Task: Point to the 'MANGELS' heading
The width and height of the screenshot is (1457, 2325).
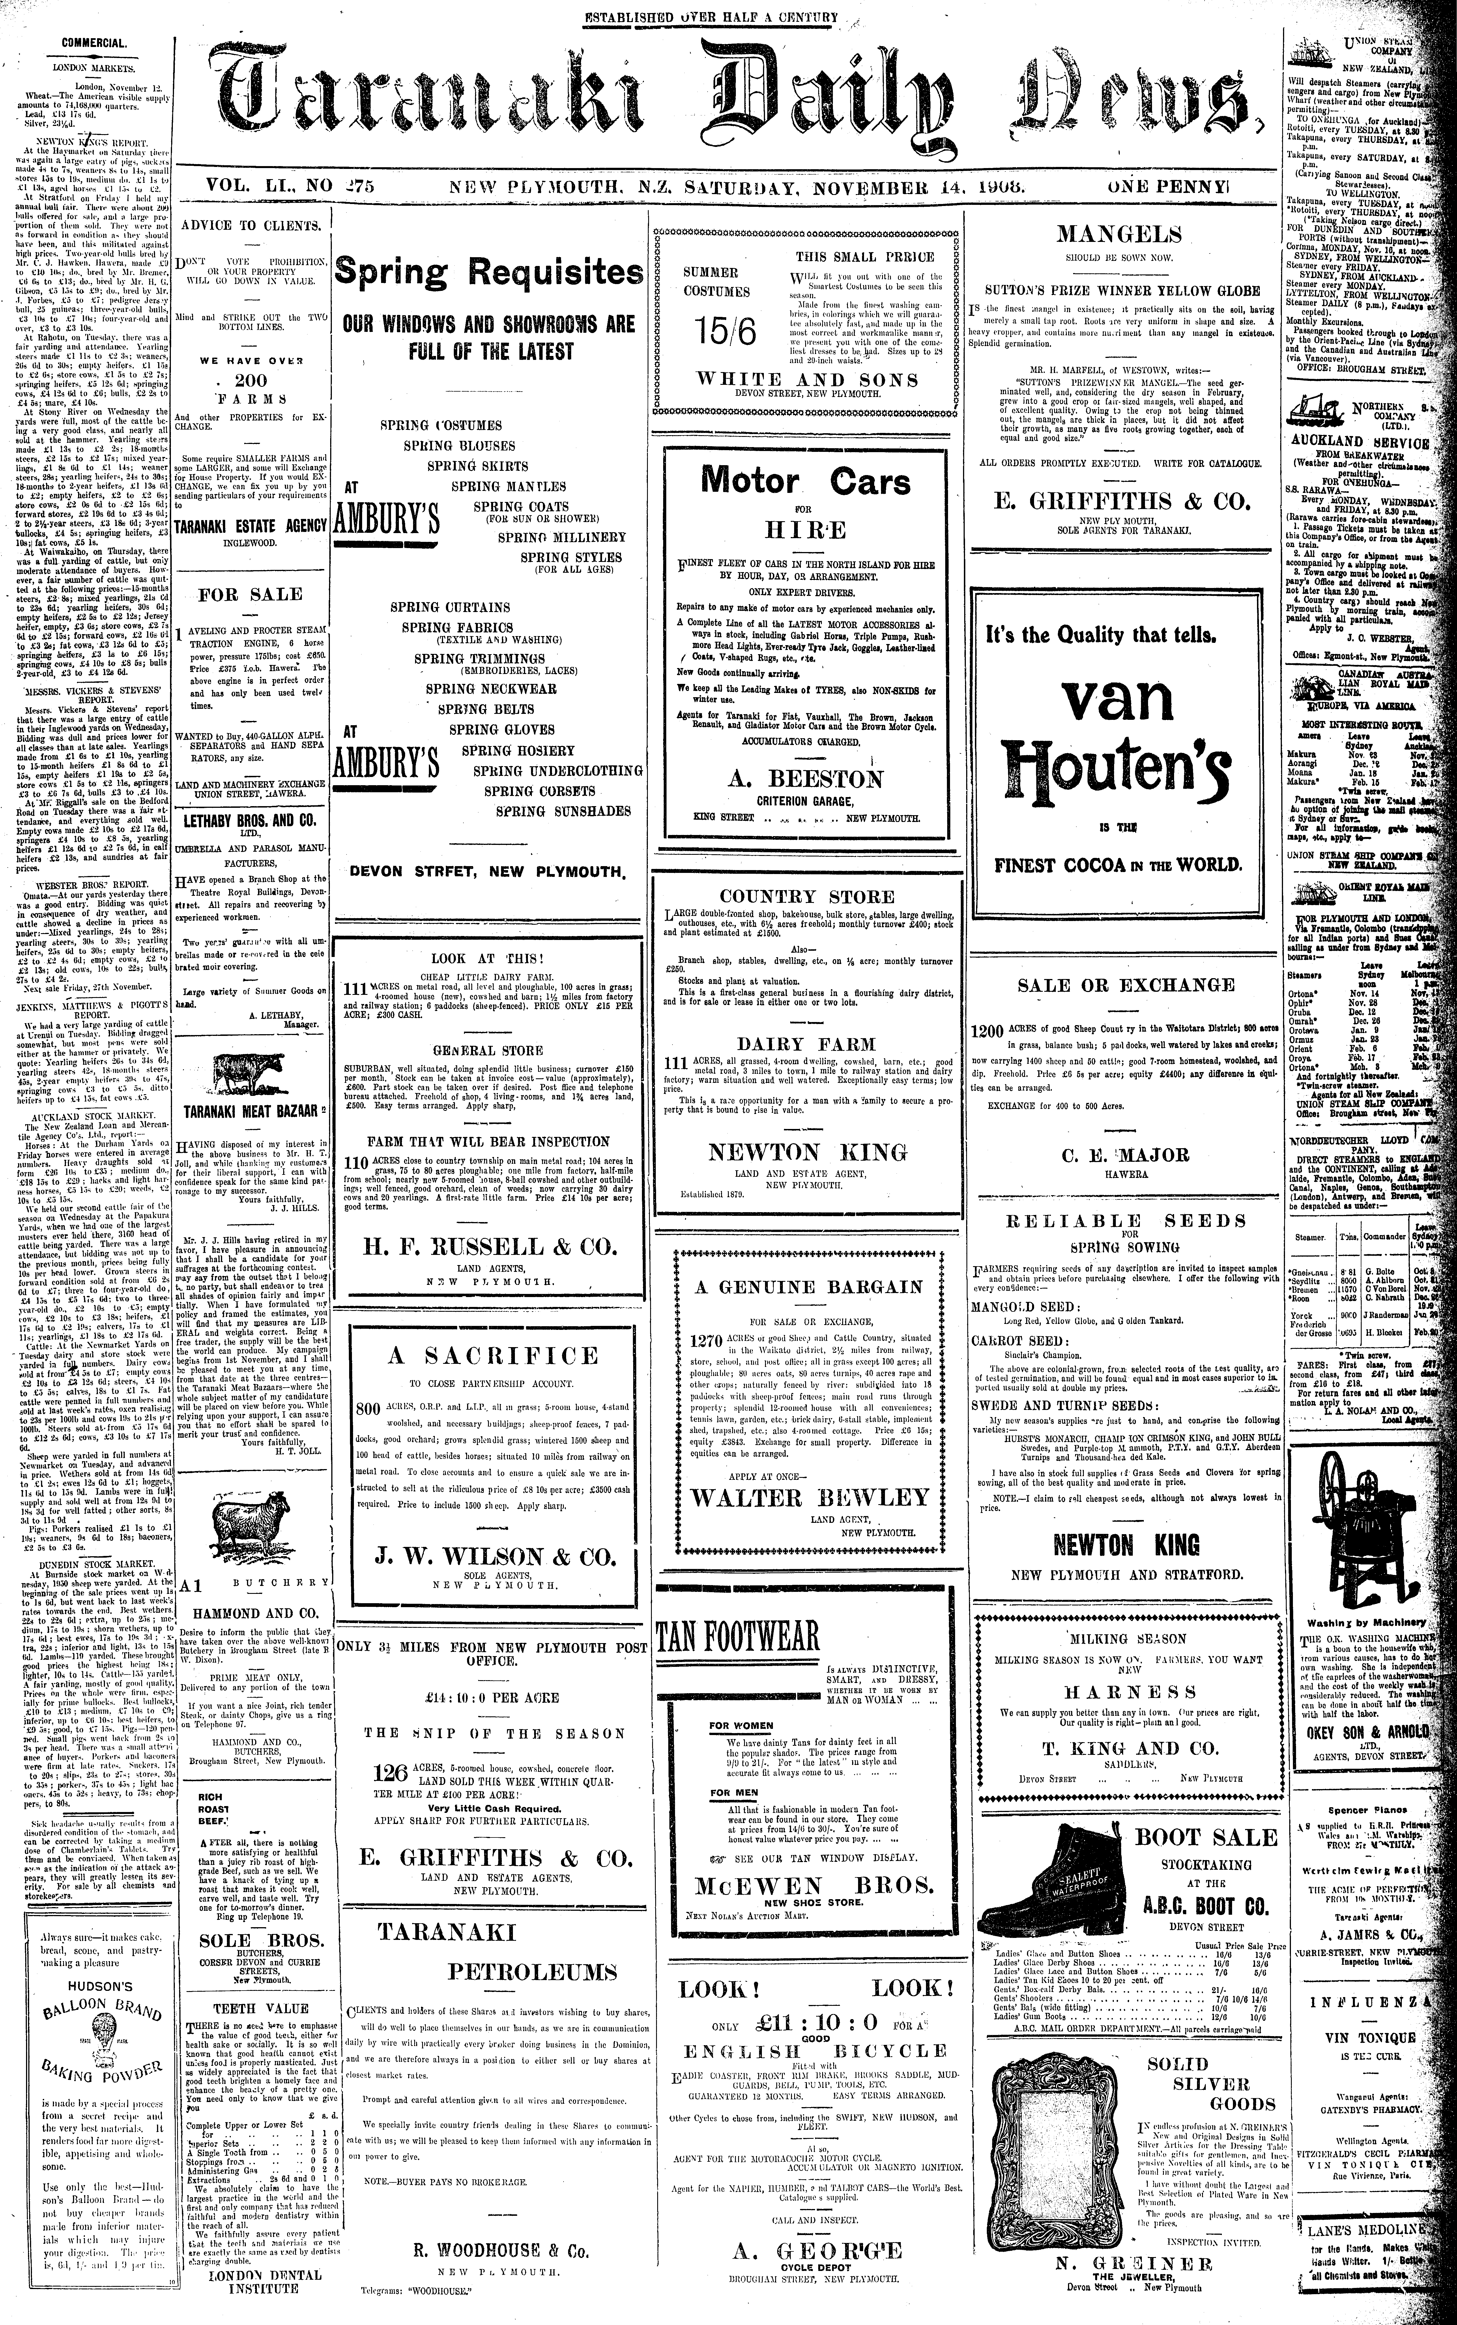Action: tap(1119, 234)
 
